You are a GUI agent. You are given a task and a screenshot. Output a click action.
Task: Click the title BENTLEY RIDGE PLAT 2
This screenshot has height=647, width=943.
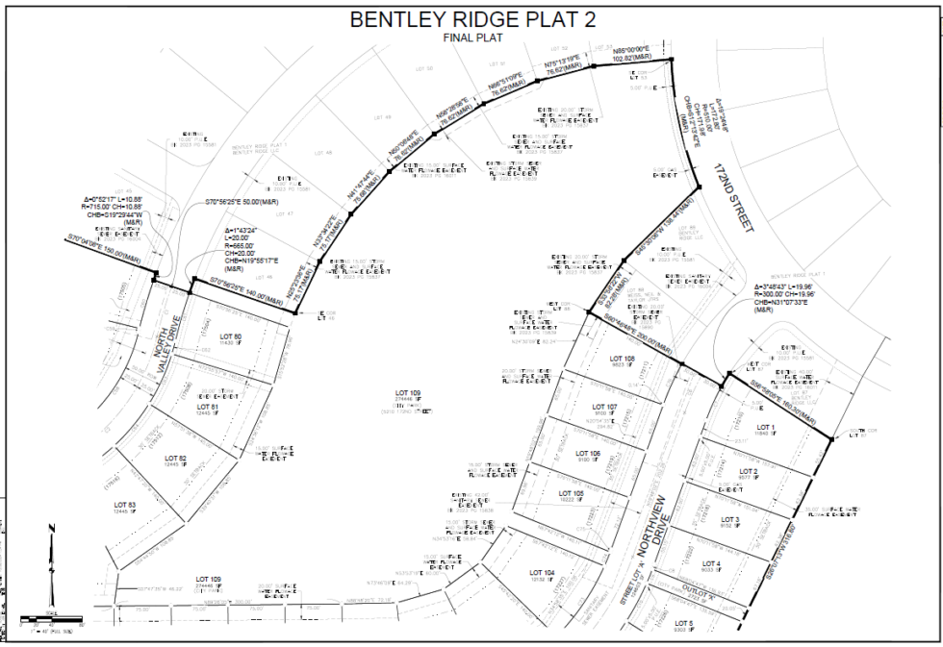coord(471,19)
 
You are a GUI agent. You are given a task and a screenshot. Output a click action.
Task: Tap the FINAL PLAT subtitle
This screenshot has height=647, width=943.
coord(471,37)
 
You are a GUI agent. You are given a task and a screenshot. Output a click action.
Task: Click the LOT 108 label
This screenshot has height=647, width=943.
coord(621,359)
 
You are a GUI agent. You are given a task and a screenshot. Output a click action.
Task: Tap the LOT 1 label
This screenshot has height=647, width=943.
coord(766,427)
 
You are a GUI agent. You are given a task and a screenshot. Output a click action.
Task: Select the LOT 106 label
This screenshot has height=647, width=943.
coord(588,453)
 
